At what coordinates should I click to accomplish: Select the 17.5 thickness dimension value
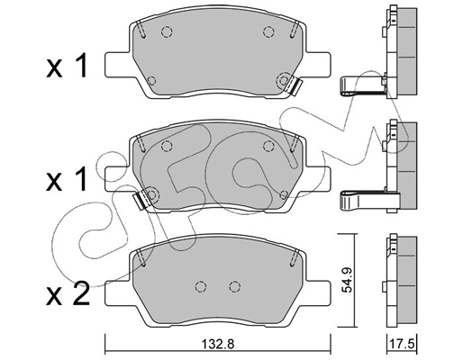pyautogui.click(x=400, y=344)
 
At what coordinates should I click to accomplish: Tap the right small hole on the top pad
pyautogui.click(x=268, y=32)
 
